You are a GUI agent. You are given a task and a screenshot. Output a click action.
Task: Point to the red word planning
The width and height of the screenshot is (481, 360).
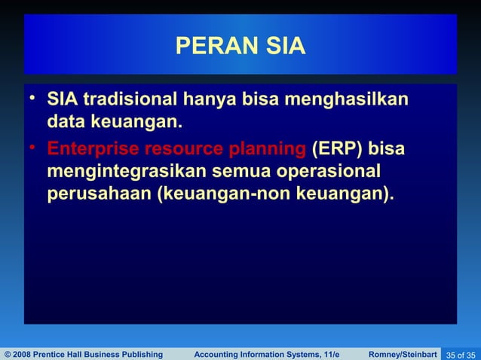tap(267, 148)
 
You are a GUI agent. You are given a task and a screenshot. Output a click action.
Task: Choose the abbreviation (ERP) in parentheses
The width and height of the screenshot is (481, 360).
tap(337, 148)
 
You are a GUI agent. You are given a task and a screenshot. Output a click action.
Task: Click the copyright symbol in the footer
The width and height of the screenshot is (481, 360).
tap(8, 354)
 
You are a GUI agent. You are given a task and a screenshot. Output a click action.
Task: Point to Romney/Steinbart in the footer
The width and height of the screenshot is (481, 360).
tap(403, 354)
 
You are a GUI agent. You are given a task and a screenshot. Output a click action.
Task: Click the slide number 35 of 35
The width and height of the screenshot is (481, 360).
tap(461, 354)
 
